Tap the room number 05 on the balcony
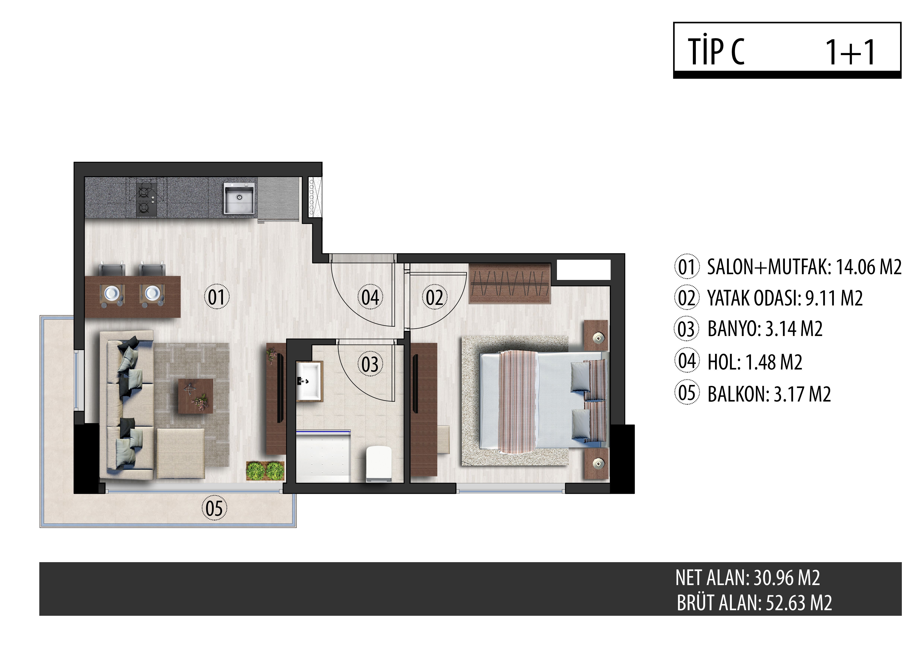point(214,507)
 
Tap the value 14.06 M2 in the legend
point(869,267)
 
